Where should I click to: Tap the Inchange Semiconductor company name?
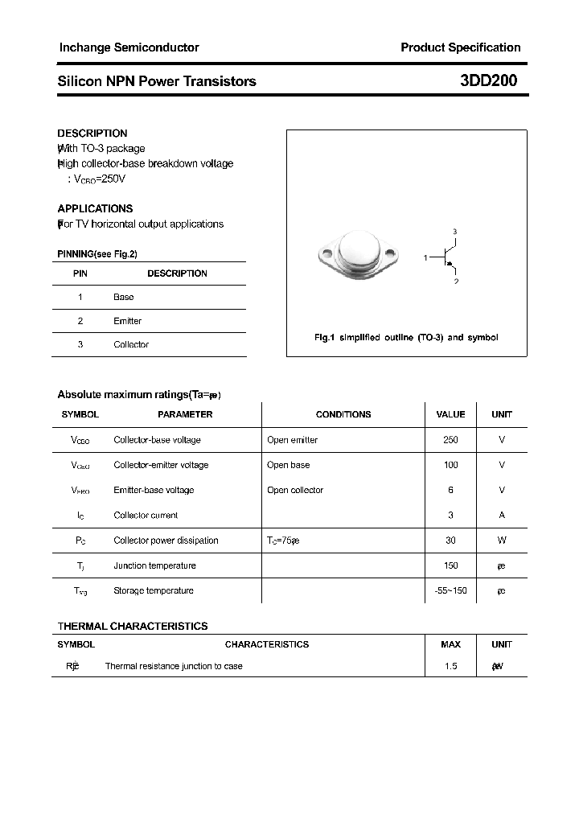point(129,47)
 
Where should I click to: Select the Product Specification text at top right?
point(460,47)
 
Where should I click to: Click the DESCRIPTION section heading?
point(92,134)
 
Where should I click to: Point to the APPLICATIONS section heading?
point(95,208)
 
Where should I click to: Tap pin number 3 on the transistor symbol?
point(454,232)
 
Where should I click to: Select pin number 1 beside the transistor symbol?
point(425,257)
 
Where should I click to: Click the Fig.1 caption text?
point(406,338)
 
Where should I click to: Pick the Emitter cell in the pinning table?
point(127,321)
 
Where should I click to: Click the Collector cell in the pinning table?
point(131,344)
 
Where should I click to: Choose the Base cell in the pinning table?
point(123,297)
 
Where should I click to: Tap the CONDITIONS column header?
point(343,414)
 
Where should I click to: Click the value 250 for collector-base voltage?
point(450,440)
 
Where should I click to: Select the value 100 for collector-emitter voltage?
point(450,465)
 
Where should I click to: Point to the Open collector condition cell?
point(295,490)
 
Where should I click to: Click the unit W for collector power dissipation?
point(502,541)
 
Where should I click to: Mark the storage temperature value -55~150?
point(450,590)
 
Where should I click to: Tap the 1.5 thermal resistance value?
point(450,666)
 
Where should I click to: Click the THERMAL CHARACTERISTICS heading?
point(133,626)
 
